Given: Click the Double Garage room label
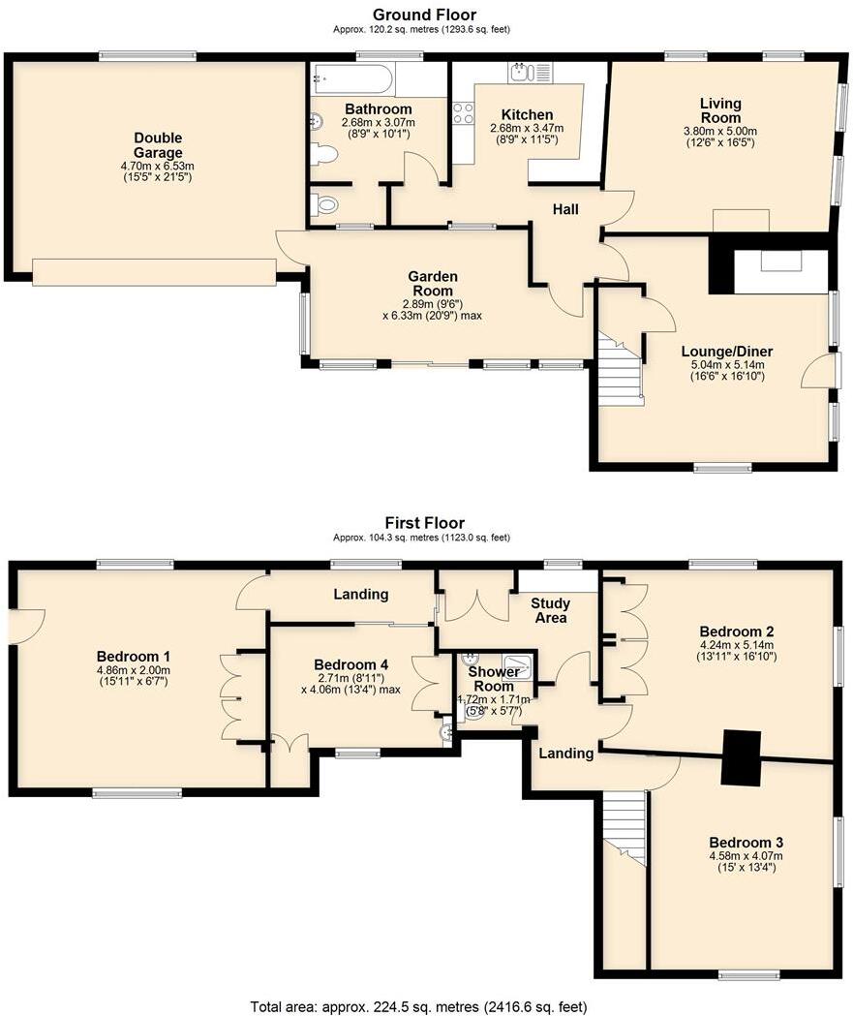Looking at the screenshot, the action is (x=158, y=145).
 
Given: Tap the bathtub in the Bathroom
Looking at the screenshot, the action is (x=351, y=79).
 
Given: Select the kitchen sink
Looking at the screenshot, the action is (x=531, y=73).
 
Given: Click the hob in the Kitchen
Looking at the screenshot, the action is (x=463, y=113).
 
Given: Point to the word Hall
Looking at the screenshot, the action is (x=565, y=209).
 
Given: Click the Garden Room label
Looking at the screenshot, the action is (x=433, y=284).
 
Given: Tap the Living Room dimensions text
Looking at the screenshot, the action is (x=720, y=137).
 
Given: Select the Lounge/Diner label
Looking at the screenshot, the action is (x=727, y=352).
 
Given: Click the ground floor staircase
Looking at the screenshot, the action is (x=620, y=368).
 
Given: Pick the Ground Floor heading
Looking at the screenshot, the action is (x=424, y=15).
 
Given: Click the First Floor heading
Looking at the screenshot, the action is (x=425, y=522).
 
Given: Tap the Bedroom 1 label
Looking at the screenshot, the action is (x=134, y=657).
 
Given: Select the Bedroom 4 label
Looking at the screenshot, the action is (x=350, y=664).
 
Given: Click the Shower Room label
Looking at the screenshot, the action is (x=494, y=678).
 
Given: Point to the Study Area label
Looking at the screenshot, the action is (x=551, y=610).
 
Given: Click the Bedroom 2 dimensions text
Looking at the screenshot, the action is (x=737, y=651).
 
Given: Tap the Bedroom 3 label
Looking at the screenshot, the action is (x=746, y=843).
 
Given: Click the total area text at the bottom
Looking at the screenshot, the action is (x=419, y=1007).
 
